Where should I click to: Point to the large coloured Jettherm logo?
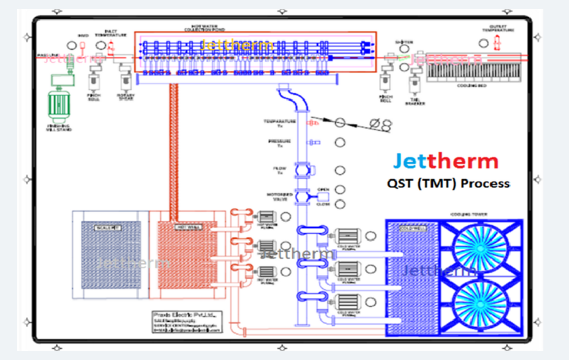point(445,161)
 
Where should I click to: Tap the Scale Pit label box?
point(107,227)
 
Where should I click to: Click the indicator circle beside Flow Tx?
point(339,170)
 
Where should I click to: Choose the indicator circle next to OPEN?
point(339,189)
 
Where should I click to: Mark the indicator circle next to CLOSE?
point(339,204)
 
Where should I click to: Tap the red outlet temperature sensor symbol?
point(496,43)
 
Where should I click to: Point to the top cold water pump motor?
point(347,236)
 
